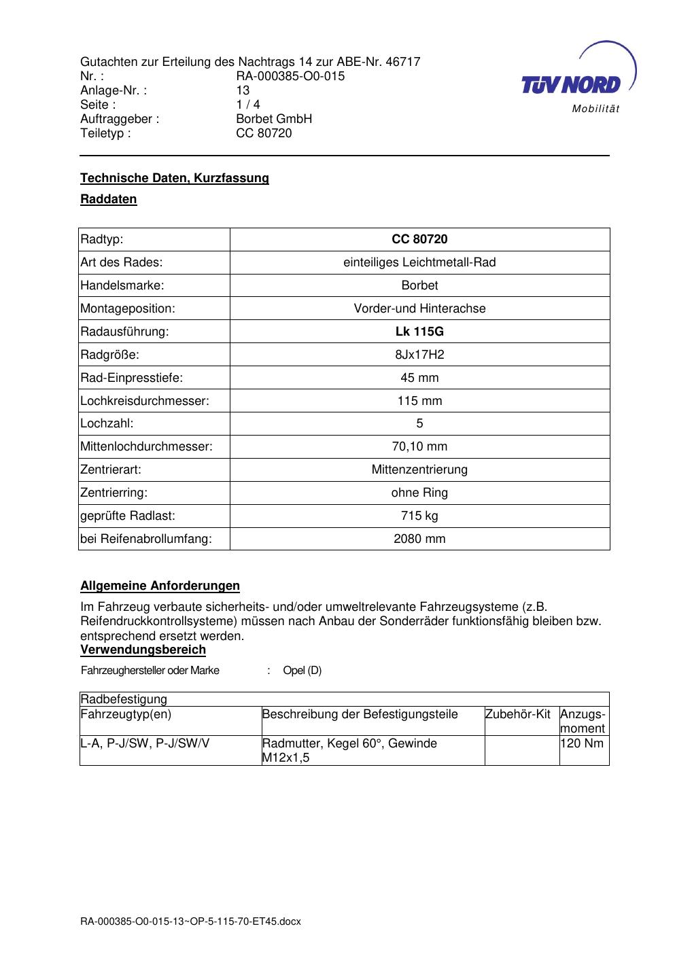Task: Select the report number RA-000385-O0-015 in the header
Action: pyautogui.click(x=290, y=76)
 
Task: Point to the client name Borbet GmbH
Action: pyautogui.click(x=274, y=119)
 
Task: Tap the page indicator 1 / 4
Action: pyautogui.click(x=248, y=105)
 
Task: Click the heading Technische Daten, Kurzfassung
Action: pyautogui.click(x=175, y=178)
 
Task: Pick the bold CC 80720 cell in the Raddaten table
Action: pyautogui.click(x=419, y=239)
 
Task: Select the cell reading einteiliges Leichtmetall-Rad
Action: pyautogui.click(x=419, y=262)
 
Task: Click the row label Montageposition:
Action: pyautogui.click(x=128, y=308)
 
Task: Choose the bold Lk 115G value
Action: pyautogui.click(x=419, y=332)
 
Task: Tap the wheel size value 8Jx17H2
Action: pyautogui.click(x=419, y=355)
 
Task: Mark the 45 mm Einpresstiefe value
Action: pyautogui.click(x=419, y=378)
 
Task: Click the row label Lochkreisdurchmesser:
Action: pyautogui.click(x=145, y=401)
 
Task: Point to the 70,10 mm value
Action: pyautogui.click(x=419, y=446)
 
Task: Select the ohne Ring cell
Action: pyautogui.click(x=419, y=493)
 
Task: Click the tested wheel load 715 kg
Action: pyautogui.click(x=419, y=516)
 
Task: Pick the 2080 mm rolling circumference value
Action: pyautogui.click(x=419, y=539)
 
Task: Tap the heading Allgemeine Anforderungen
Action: pyautogui.click(x=160, y=586)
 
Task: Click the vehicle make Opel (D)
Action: pyautogui.click(x=302, y=671)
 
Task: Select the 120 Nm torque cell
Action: pyautogui.click(x=583, y=743)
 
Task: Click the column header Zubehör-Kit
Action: pyautogui.click(x=518, y=714)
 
